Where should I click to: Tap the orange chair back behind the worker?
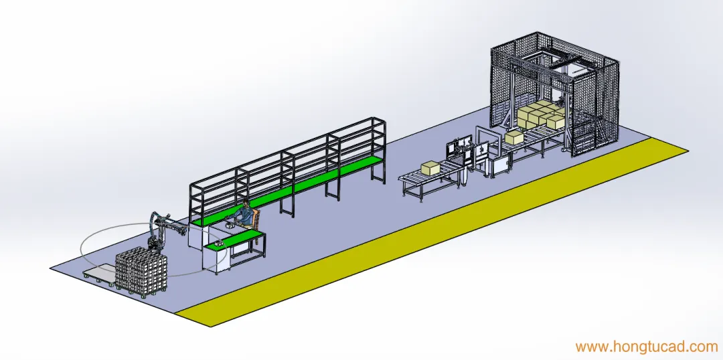[256, 215]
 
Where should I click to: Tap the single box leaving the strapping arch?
[514, 137]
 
